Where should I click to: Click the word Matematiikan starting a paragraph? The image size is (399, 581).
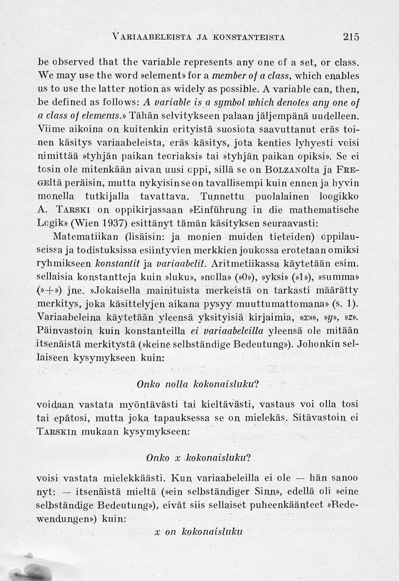[x=85, y=254]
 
